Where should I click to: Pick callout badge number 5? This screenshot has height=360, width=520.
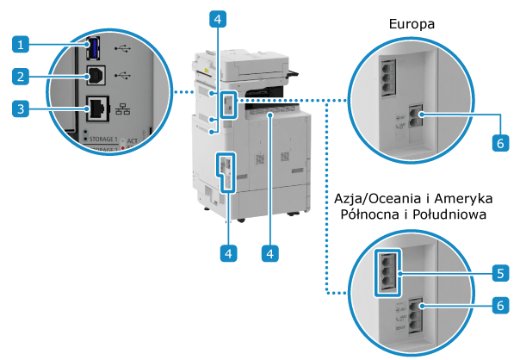click(x=500, y=274)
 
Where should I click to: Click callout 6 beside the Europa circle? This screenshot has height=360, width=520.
click(x=500, y=144)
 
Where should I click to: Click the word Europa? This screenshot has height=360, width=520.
click(x=412, y=25)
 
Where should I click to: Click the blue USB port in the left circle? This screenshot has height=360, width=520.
click(x=92, y=47)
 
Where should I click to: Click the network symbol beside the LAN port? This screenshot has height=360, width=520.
click(x=124, y=109)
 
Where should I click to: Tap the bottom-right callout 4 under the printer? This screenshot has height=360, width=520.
click(x=270, y=253)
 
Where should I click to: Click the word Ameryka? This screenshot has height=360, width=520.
click(x=476, y=200)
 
